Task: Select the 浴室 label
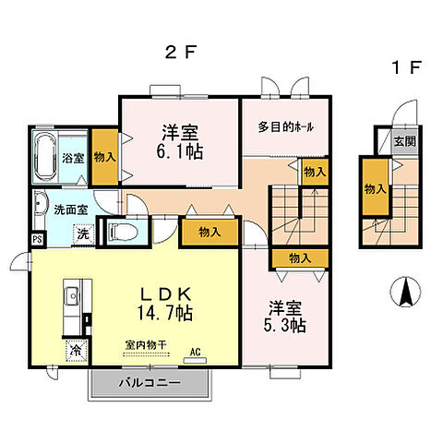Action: tap(74, 158)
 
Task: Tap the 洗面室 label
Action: tap(70, 210)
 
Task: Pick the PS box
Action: tap(38, 240)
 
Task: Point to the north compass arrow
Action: tap(403, 293)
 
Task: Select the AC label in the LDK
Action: tap(196, 352)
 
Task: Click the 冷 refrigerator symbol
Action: tap(74, 352)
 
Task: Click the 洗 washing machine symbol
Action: tap(82, 234)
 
